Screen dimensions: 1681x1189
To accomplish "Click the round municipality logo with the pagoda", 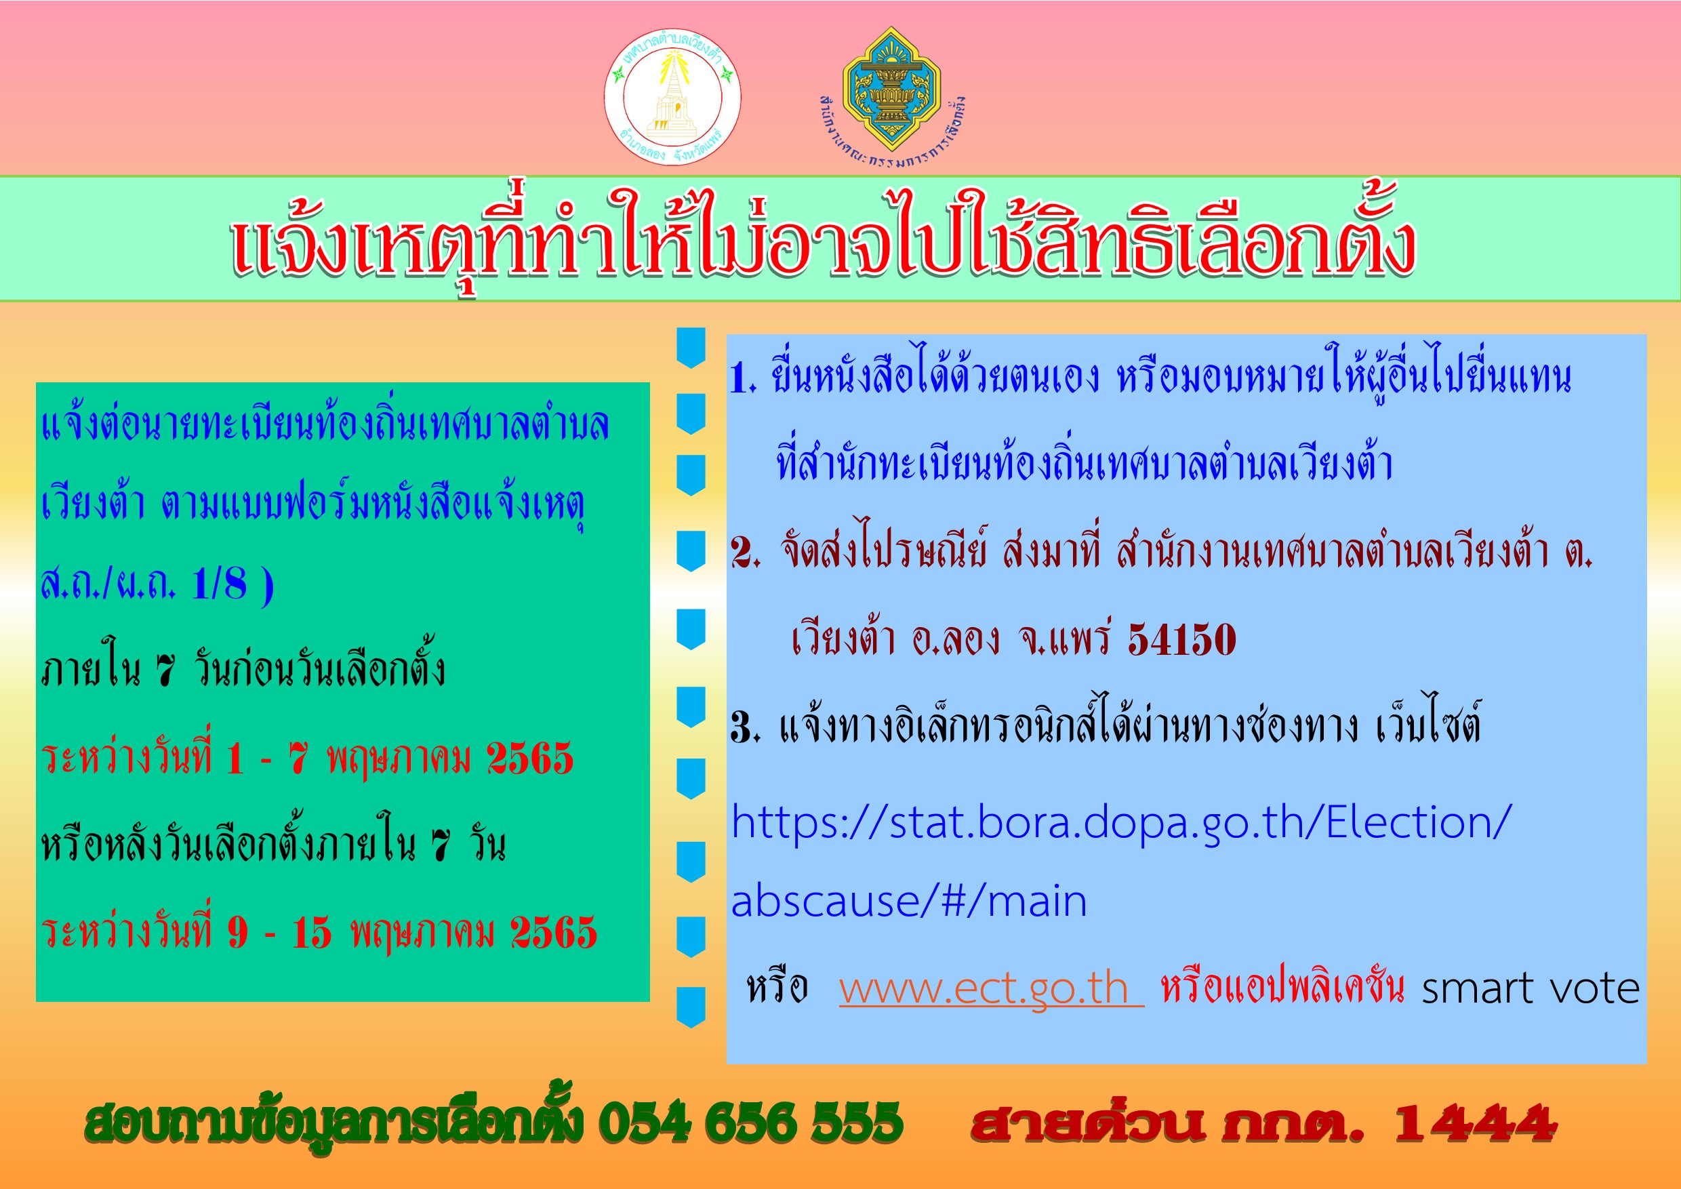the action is point(672,97).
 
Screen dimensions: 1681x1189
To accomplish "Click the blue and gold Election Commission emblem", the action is point(891,89).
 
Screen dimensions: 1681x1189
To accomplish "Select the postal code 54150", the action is point(1181,639).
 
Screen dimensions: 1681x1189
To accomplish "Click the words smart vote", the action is point(1530,988).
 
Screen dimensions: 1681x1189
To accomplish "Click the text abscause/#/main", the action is point(908,900).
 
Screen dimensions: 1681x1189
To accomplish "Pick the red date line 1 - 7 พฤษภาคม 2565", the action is point(308,757).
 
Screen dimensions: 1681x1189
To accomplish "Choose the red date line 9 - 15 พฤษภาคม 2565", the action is point(319,932).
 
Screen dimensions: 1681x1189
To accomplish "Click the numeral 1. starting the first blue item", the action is point(742,379).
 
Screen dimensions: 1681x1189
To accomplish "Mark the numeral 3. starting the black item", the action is point(746,727).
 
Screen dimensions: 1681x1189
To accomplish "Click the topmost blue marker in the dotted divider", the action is point(691,347).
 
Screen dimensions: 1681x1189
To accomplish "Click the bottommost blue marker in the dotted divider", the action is point(691,1007).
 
